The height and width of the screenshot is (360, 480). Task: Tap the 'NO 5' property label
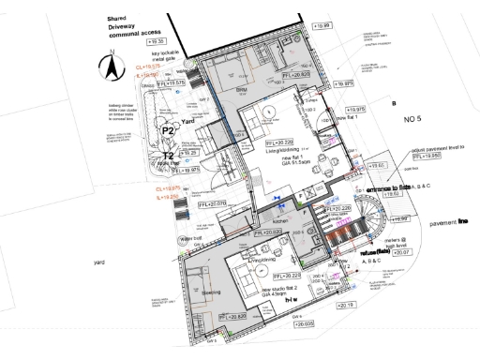(414, 120)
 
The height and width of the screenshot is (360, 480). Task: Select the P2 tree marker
(169, 129)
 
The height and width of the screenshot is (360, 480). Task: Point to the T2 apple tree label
(169, 157)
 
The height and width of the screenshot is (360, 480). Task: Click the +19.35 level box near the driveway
(156, 42)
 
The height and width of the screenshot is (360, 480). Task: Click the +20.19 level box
(346, 306)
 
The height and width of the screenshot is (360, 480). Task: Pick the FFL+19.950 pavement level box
(426, 156)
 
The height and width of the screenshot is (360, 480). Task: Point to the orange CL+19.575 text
(148, 68)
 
